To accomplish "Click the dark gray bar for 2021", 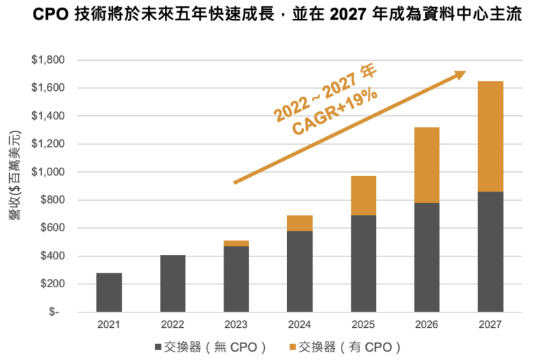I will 109,292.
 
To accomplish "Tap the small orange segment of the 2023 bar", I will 235,243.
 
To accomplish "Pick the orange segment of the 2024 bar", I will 299,223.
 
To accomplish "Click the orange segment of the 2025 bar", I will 363,196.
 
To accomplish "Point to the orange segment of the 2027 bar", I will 490,136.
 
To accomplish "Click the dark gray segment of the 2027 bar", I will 490,252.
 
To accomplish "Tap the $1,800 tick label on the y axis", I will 48,60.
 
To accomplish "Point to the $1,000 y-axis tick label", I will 48,172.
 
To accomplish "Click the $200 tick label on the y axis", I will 52,284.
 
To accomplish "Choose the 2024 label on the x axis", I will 299,325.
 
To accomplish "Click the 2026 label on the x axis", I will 427,325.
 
